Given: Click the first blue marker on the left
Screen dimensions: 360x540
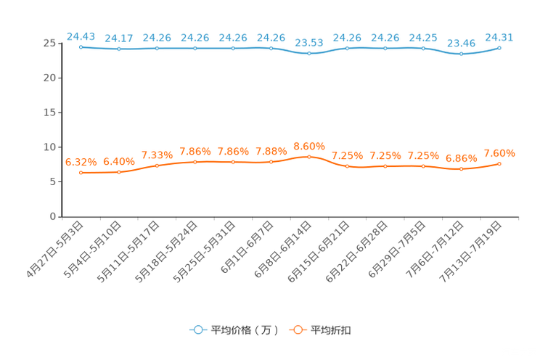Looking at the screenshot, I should pyautogui.click(x=81, y=46).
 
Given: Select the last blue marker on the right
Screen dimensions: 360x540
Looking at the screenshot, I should pyautogui.click(x=499, y=48).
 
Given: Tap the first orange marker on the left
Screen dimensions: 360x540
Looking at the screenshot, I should pyautogui.click(x=81, y=172).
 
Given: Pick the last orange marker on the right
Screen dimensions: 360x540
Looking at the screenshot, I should pyautogui.click(x=499, y=163).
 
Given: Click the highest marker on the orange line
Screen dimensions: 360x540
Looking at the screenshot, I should pyautogui.click(x=309, y=157).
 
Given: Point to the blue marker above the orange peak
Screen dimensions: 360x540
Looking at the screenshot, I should pyautogui.click(x=309, y=54).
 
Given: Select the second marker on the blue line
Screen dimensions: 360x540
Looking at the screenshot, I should pyautogui.click(x=119, y=49).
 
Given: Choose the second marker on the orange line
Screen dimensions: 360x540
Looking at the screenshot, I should pyautogui.click(x=119, y=171).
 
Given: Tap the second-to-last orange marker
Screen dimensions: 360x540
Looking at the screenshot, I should pyautogui.click(x=461, y=168).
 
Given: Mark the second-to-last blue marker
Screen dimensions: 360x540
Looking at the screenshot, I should pyautogui.click(x=461, y=54).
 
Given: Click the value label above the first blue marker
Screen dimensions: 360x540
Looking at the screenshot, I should pyautogui.click(x=81, y=35).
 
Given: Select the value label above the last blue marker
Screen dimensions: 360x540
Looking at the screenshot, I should pyautogui.click(x=499, y=36).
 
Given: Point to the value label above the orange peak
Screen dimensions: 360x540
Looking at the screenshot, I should pyautogui.click(x=309, y=146).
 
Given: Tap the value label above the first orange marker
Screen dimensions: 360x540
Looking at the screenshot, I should pyautogui.click(x=81, y=161).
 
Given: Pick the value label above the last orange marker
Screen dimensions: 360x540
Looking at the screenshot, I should pyautogui.click(x=499, y=152).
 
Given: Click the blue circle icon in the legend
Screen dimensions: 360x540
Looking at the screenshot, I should pyautogui.click(x=197, y=330).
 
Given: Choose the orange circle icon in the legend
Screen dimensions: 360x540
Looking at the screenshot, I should pyautogui.click(x=297, y=330).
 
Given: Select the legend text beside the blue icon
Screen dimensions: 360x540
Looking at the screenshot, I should pyautogui.click(x=244, y=330).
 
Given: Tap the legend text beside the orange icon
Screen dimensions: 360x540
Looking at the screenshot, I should pyautogui.click(x=331, y=330).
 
